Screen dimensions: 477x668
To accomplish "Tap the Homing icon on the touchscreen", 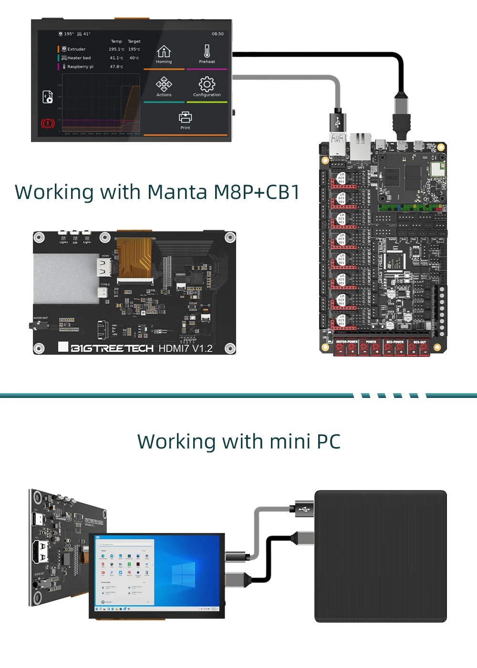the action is click(164, 51).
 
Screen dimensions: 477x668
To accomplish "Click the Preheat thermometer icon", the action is click(207, 51).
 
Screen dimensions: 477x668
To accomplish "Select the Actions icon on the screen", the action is click(164, 84).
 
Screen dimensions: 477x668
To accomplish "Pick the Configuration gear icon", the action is click(207, 84).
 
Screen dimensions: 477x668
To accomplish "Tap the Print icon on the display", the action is click(185, 117).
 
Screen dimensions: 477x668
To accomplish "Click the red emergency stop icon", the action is click(48, 124).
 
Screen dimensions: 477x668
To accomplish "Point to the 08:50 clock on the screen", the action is click(218, 34).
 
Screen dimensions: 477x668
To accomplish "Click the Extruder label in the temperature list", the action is click(76, 49).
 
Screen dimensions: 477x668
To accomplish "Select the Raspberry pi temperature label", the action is click(80, 67).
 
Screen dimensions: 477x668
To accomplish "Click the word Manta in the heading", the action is click(177, 192).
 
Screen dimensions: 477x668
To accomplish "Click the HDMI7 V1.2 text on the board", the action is click(186, 349).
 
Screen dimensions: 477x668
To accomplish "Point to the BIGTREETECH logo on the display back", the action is click(112, 348).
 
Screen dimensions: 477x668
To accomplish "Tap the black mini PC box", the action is click(381, 556).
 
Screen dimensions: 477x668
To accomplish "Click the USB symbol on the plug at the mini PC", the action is click(304, 509).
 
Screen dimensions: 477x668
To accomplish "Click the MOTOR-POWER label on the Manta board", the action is click(347, 342).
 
